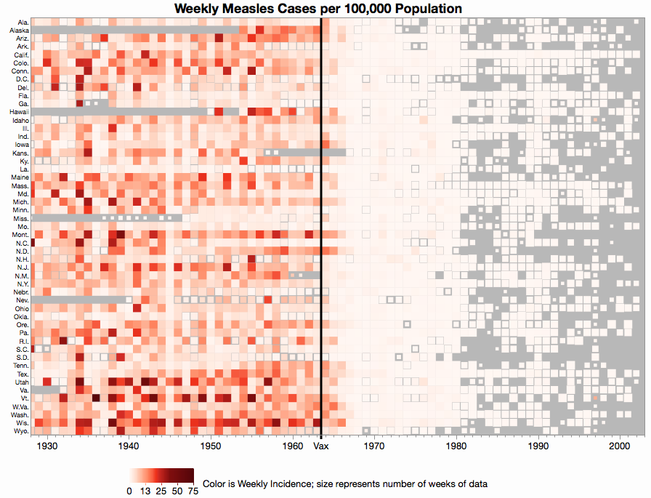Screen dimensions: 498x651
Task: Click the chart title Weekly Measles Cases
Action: point(317,9)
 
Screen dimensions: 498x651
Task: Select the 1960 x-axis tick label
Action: point(293,446)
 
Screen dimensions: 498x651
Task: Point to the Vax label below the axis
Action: point(321,446)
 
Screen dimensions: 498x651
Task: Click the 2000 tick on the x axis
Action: point(619,446)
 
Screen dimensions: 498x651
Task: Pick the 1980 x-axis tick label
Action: point(456,446)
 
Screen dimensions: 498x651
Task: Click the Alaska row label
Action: point(19,31)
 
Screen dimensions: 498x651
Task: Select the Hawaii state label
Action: point(19,112)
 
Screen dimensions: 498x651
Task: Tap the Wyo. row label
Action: point(20,430)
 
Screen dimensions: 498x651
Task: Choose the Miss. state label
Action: point(20,218)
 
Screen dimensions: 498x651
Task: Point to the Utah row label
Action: point(21,382)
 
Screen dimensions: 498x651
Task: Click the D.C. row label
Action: point(21,79)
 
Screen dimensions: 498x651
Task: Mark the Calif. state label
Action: point(21,55)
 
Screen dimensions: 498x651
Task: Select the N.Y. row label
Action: point(22,284)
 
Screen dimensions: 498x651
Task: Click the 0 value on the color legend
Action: point(129,491)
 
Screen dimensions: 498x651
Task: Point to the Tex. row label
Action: point(22,374)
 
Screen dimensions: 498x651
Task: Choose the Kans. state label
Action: point(20,153)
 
